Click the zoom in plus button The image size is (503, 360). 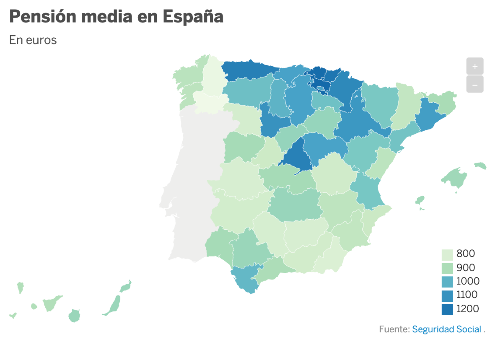[474, 66]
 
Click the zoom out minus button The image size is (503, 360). [474, 84]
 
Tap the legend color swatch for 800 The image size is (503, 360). [447, 254]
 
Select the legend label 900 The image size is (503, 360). [466, 267]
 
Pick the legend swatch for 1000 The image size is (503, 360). [447, 282]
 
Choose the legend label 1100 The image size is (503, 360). [467, 295]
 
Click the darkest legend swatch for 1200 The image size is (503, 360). [447, 309]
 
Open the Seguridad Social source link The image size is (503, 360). [446, 329]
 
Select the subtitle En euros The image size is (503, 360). [33, 40]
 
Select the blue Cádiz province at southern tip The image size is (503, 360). [245, 279]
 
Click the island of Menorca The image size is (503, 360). [480, 166]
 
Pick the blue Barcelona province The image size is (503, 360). [430, 115]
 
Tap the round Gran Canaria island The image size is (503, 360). [74, 316]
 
